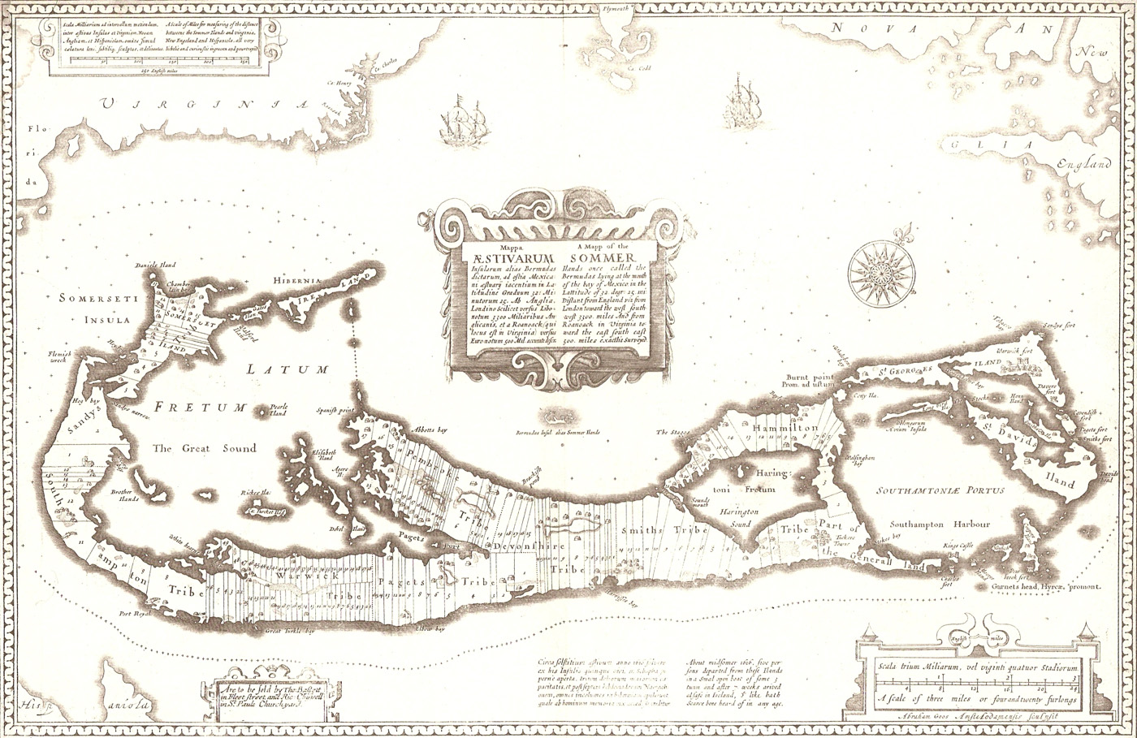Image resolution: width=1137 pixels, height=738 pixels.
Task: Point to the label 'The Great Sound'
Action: pos(205,447)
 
